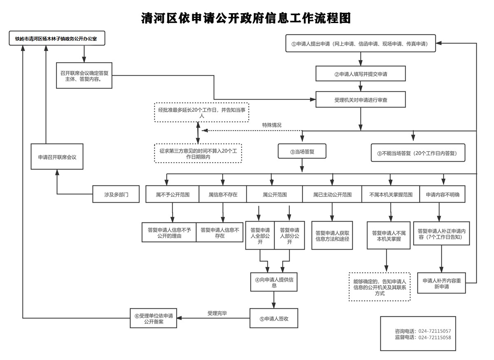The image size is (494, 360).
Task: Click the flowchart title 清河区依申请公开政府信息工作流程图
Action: pyautogui.click(x=246, y=18)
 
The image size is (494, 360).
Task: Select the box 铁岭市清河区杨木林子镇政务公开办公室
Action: pyautogui.click(x=57, y=38)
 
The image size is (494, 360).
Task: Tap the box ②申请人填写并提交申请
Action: pyautogui.click(x=360, y=73)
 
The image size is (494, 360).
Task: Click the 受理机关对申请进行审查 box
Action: pyautogui.click(x=360, y=100)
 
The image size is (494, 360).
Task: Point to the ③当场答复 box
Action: pyautogui.click(x=302, y=151)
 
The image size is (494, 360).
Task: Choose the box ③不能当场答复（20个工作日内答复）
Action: pyautogui.click(x=418, y=153)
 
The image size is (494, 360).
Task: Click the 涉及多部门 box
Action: pyautogui.click(x=116, y=194)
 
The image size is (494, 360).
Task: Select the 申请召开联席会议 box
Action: pyautogui.click(x=57, y=157)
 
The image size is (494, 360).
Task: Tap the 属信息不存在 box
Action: pyautogui.click(x=223, y=194)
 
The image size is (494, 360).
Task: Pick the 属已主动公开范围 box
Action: pyautogui.click(x=332, y=194)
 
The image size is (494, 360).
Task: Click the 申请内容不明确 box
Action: pyautogui.click(x=443, y=194)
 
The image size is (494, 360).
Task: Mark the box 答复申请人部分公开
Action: pyautogui.click(x=289, y=236)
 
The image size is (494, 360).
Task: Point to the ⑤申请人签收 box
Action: pyautogui.click(x=274, y=318)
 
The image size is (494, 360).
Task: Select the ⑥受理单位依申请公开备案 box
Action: pyautogui.click(x=154, y=318)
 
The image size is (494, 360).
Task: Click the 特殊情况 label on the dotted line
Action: pyautogui.click(x=272, y=125)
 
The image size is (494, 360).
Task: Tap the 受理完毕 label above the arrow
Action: pyautogui.click(x=217, y=313)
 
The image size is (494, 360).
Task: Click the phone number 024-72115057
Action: pyautogui.click(x=435, y=331)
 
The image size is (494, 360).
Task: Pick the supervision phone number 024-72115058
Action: pyautogui.click(x=435, y=337)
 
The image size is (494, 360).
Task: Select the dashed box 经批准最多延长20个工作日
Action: pyautogui.click(x=202, y=112)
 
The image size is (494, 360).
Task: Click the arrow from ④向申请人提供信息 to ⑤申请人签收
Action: pyautogui.click(x=274, y=300)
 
